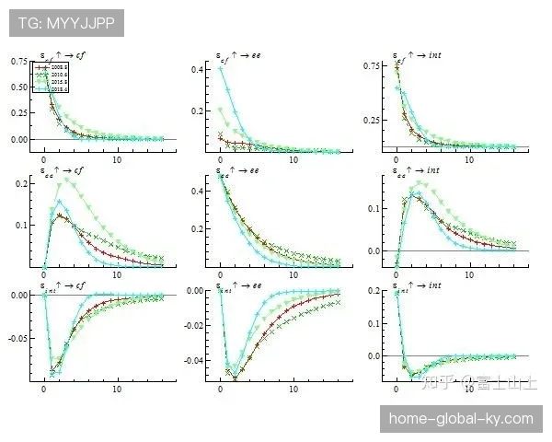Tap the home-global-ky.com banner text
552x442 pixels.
coord(461,419)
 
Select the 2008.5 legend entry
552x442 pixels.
coord(47,67)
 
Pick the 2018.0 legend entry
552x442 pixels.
coord(47,89)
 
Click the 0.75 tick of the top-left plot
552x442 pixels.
coord(19,62)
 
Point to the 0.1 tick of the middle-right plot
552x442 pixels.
coord(373,208)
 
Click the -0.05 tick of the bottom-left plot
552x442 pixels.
coord(17,338)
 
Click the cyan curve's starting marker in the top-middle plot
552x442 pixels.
coord(220,68)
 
